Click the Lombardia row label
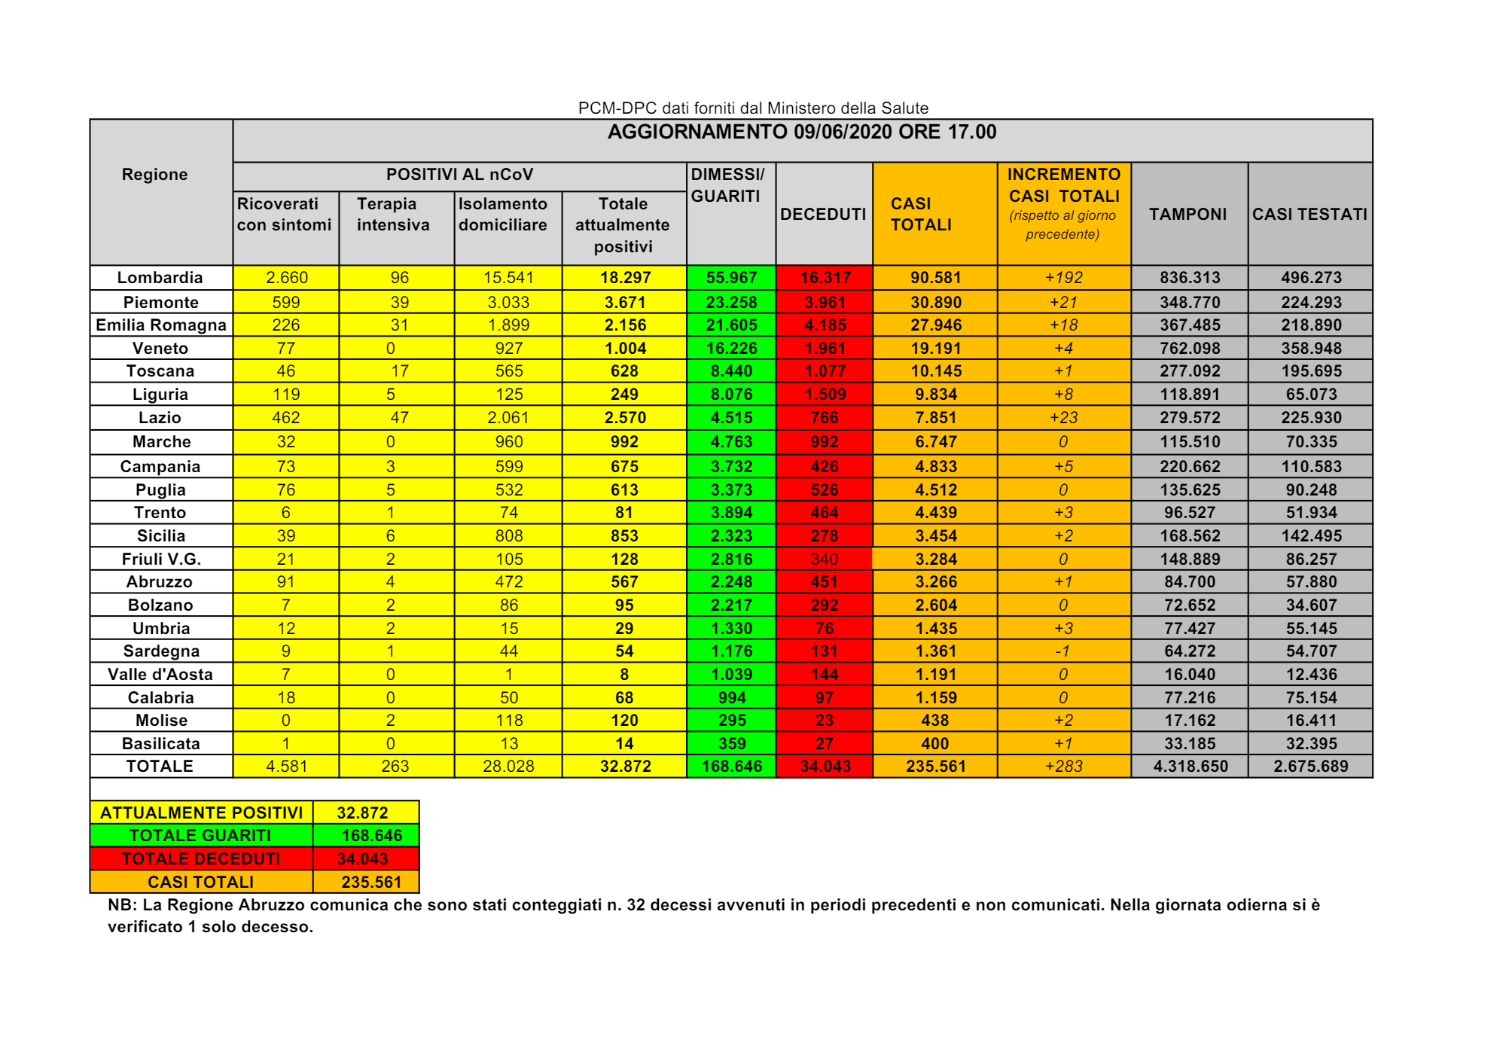(x=160, y=277)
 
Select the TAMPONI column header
(x=1187, y=214)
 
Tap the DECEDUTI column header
(x=823, y=214)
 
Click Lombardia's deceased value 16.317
(x=825, y=277)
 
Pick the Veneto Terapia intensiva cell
(x=390, y=348)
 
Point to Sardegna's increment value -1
(x=1062, y=651)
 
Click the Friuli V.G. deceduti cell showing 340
(x=824, y=559)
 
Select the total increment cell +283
(x=1062, y=766)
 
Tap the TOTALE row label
(x=160, y=766)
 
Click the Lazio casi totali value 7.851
(x=935, y=417)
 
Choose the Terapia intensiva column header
(x=393, y=214)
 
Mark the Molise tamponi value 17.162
(x=1189, y=720)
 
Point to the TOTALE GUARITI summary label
(x=200, y=835)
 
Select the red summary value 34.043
(x=362, y=858)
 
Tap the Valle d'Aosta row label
(x=160, y=674)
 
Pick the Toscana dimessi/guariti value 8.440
(x=730, y=370)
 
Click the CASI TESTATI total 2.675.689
(x=1310, y=766)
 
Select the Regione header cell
(x=154, y=174)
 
